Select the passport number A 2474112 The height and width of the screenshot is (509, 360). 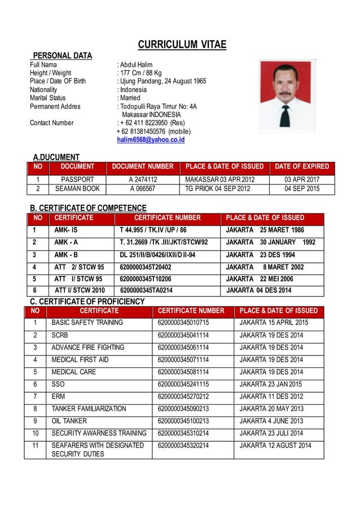[142, 179]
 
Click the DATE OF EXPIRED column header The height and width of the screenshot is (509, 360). [301, 166]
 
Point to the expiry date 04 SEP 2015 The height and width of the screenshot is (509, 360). [301, 189]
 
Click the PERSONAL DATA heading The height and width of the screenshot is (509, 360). [62, 55]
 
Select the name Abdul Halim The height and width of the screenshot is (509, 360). [136, 65]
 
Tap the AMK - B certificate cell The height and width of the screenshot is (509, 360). [67, 254]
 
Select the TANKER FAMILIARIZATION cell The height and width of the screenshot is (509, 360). [89, 409]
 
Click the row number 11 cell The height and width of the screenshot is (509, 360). [35, 446]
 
